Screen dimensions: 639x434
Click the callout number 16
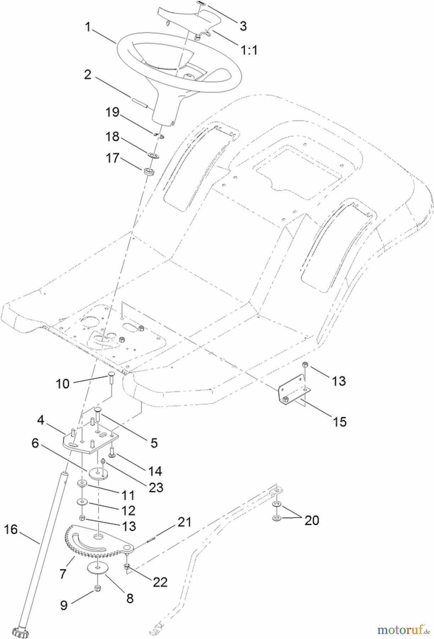click(11, 529)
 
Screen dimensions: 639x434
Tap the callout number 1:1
click(249, 50)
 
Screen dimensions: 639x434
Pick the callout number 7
click(63, 573)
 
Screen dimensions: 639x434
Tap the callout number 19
click(112, 113)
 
